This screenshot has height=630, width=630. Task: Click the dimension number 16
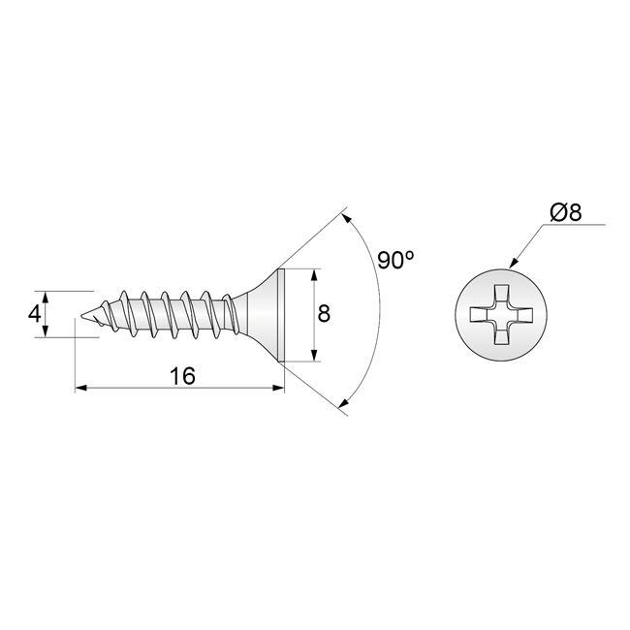point(180,376)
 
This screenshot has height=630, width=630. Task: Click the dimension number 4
point(34,314)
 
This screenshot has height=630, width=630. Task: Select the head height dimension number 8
point(324,314)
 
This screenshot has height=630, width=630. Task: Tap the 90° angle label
point(396,261)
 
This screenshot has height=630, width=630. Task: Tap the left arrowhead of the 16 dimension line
point(80,389)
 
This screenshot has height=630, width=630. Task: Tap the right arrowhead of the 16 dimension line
point(280,389)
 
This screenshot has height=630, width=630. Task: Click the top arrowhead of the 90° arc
point(348,221)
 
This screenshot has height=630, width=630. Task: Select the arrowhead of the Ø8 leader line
point(514,263)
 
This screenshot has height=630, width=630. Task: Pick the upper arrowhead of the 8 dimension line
point(314,274)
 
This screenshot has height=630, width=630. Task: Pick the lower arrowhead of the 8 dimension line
point(314,356)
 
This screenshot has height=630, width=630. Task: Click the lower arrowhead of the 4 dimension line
point(45,332)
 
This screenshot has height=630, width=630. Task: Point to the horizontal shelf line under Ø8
point(577,225)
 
